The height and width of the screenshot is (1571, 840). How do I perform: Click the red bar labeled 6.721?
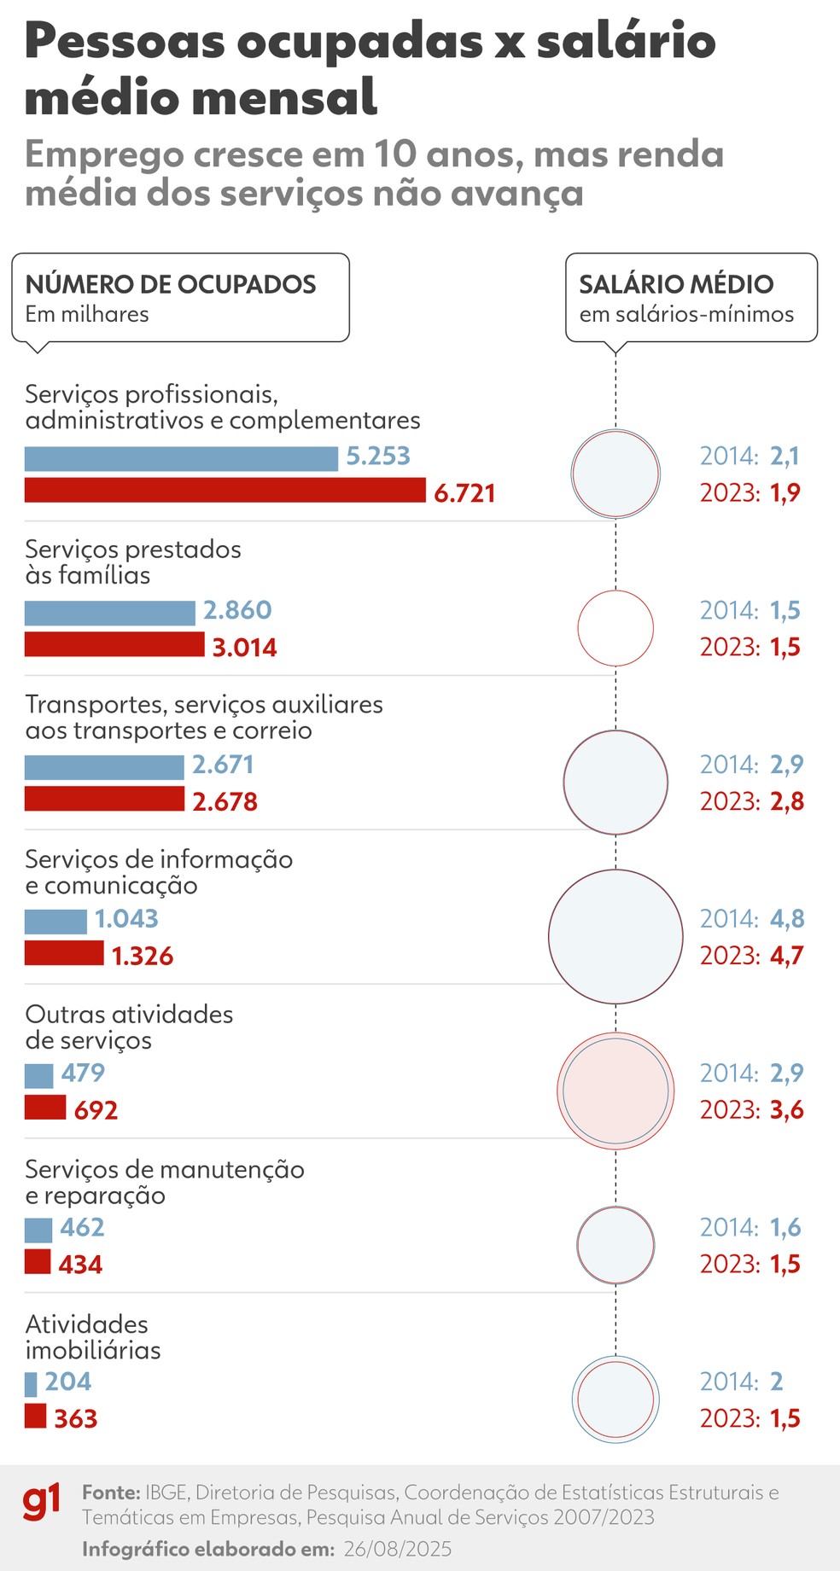click(x=225, y=491)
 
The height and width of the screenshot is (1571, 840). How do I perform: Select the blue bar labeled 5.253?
click(x=181, y=458)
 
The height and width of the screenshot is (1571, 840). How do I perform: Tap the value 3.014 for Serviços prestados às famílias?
click(x=244, y=648)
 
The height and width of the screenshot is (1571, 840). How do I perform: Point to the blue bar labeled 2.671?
click(x=104, y=767)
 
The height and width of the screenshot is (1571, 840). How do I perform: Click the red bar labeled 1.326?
click(x=64, y=953)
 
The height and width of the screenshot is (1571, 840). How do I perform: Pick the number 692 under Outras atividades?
click(x=96, y=1110)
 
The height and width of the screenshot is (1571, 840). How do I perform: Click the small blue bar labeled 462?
click(x=38, y=1230)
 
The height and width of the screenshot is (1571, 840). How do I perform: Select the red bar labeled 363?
click(x=35, y=1416)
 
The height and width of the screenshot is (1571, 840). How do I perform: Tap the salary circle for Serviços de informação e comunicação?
click(x=615, y=936)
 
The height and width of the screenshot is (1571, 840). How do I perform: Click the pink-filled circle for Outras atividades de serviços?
click(x=615, y=1091)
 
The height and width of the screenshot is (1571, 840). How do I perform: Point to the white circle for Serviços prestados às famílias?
click(x=615, y=628)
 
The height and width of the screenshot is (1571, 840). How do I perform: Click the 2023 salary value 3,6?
click(x=787, y=1110)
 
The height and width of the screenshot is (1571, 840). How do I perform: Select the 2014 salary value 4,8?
click(x=787, y=919)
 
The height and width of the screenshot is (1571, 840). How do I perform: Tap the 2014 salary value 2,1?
click(x=785, y=457)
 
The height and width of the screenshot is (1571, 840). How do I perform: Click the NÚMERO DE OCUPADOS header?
click(x=171, y=284)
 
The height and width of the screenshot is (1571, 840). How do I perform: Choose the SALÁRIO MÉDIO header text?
click(x=676, y=284)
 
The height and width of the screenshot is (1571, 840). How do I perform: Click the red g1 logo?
click(x=42, y=1504)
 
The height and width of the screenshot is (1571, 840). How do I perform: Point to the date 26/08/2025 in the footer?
click(x=398, y=1549)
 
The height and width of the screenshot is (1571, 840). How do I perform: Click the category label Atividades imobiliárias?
click(x=92, y=1337)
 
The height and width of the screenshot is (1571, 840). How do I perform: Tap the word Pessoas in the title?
click(x=125, y=41)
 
